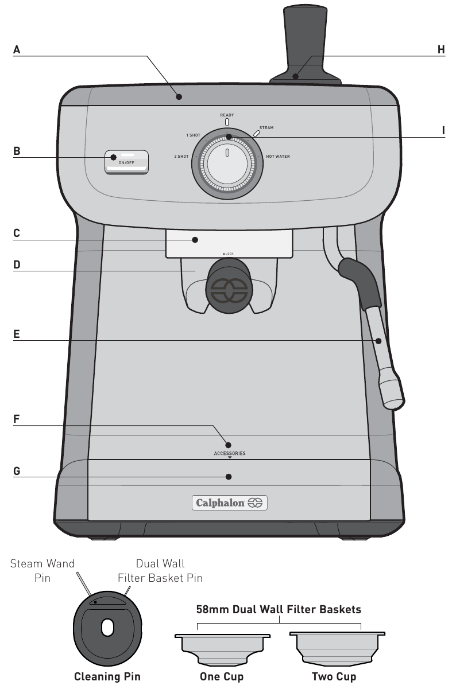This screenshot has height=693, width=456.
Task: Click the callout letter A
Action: pos(17,50)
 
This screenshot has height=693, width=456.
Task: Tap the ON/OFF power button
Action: pos(126,162)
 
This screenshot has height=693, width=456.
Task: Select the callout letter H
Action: pos(441,50)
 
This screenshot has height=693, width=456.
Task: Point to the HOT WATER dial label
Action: pos(278,156)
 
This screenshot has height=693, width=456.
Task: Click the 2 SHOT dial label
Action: pos(181,156)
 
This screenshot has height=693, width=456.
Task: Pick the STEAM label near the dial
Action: pos(266,128)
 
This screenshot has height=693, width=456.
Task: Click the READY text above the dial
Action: pos(227,115)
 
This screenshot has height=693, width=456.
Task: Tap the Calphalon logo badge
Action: pos(229,503)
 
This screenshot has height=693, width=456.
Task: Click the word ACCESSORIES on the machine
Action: pos(229,453)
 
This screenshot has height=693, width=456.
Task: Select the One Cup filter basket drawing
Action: pos(222,647)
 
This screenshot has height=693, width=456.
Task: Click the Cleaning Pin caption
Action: pos(107,676)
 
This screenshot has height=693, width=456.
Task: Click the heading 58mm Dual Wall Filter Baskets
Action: pos(279,609)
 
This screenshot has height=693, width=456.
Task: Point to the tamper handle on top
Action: pos(304,34)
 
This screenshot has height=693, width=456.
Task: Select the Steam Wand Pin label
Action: pos(42,570)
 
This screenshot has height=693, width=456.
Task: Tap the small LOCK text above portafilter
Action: pos(229,253)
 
